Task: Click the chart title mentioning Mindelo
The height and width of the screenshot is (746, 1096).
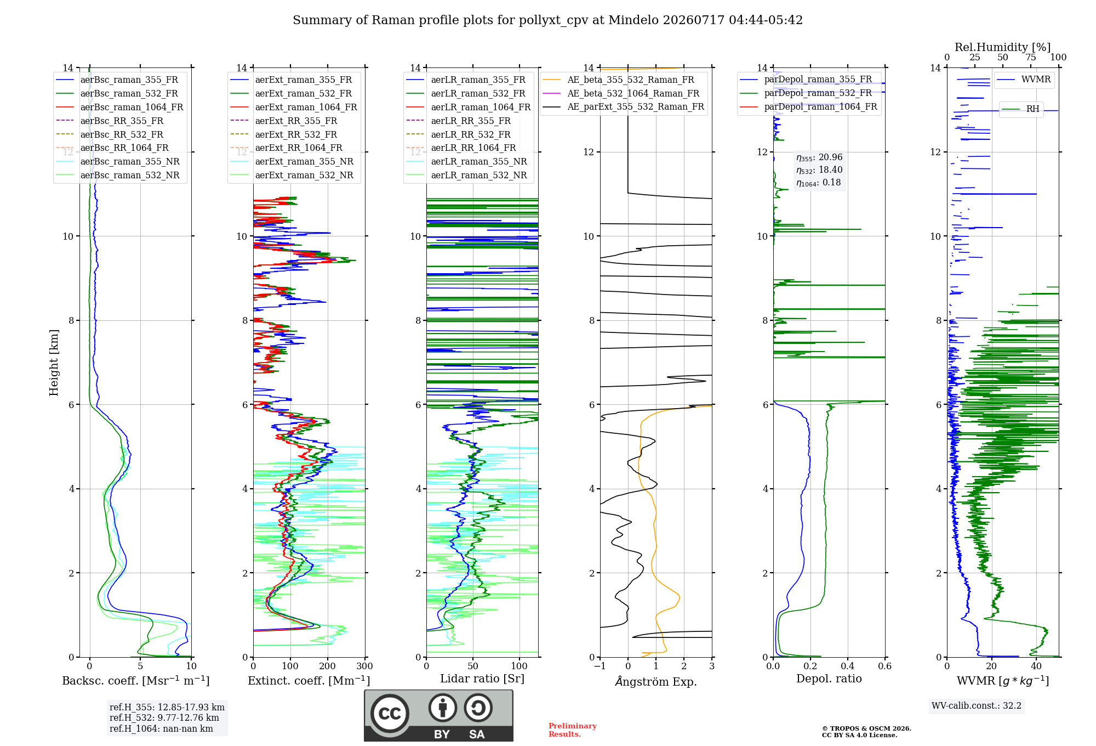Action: coord(547,20)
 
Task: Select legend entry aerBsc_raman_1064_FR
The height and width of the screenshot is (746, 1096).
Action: coord(132,107)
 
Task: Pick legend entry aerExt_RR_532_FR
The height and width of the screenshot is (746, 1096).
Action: coord(296,134)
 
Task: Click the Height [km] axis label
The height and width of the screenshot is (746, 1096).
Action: coord(54,363)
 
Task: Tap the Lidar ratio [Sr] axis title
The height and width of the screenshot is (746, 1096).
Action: coord(482,679)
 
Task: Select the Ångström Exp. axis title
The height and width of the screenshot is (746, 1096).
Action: coord(656,681)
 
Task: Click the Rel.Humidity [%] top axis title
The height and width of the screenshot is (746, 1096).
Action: coord(1003,47)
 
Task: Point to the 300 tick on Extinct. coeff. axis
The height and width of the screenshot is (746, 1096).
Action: coord(365,666)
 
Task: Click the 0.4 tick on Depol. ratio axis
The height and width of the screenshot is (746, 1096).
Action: coord(848,666)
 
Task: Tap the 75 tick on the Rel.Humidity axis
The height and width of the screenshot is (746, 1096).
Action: coord(1031,57)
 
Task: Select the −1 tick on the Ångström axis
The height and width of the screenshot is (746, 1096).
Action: coord(600,666)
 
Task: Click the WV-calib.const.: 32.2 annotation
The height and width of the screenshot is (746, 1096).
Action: coord(977,705)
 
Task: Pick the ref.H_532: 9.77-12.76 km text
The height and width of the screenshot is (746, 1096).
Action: coord(164,717)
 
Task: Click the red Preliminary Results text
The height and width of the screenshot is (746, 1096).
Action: coord(573,730)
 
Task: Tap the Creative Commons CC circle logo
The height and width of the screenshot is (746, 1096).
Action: coord(390,714)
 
